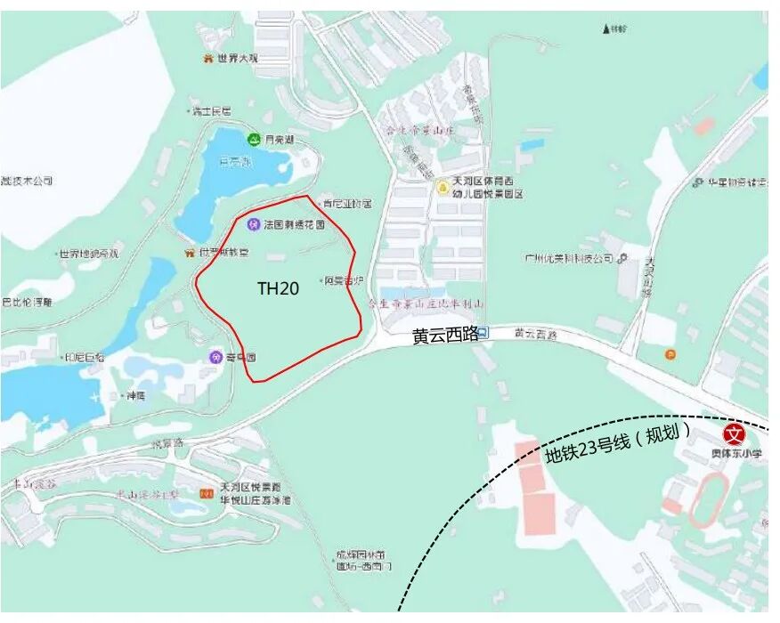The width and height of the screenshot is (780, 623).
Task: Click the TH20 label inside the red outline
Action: [278, 288]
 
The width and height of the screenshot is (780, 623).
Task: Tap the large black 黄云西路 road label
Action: [444, 336]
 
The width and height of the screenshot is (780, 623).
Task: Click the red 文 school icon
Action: [734, 434]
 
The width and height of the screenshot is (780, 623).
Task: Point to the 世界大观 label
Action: [236, 59]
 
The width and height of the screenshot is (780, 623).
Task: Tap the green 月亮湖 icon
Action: [254, 140]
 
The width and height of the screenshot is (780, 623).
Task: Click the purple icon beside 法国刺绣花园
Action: [253, 224]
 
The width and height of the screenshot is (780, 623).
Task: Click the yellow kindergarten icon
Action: [443, 188]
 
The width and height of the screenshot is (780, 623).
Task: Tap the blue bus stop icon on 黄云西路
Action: [483, 334]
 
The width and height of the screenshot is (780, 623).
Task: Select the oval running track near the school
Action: [710, 499]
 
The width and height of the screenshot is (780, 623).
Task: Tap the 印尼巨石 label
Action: [84, 357]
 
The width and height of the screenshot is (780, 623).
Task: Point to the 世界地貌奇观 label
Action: [88, 255]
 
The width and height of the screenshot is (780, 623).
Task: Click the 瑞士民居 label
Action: [212, 111]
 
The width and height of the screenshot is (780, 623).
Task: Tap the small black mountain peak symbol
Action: [605, 28]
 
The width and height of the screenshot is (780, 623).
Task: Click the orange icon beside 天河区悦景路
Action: [207, 493]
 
